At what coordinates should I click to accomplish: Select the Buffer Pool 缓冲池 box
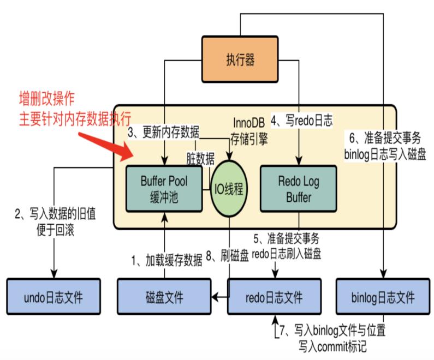(x=164, y=188)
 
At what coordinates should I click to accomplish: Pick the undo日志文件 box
(x=53, y=297)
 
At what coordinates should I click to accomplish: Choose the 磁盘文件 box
(x=164, y=297)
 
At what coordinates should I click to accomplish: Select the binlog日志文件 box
(x=382, y=297)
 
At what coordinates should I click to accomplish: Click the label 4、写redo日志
(x=302, y=119)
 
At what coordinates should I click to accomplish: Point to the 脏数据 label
(x=200, y=158)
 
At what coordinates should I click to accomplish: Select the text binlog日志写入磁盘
(x=382, y=154)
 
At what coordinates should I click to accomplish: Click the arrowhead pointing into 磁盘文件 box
(x=215, y=297)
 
